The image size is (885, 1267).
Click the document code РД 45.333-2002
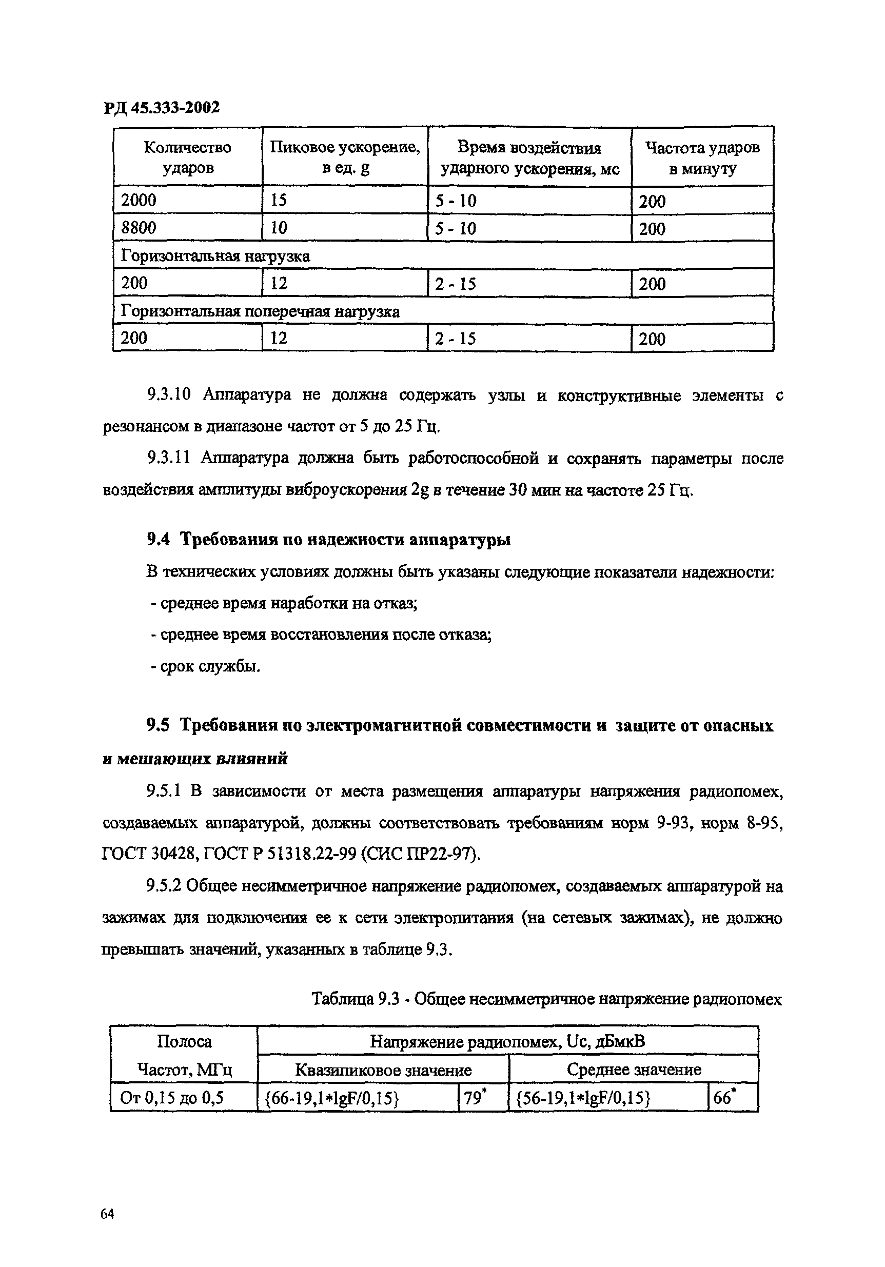pos(161,107)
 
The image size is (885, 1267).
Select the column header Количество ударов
pos(188,157)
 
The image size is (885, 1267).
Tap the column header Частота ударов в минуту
pos(702,158)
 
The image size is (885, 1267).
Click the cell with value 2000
pos(139,201)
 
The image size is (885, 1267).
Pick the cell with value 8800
pos(139,228)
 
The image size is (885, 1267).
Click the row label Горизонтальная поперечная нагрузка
pos(260,312)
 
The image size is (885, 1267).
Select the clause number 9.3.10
pos(168,395)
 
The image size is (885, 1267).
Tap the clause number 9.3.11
pos(168,458)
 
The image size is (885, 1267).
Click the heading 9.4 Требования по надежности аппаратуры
pos(328,539)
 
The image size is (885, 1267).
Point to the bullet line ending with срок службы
pos(205,667)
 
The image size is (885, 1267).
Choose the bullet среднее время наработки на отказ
pos(284,604)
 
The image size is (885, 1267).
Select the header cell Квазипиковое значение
pos(383,1071)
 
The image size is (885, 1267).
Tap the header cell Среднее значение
pos(633,1070)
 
